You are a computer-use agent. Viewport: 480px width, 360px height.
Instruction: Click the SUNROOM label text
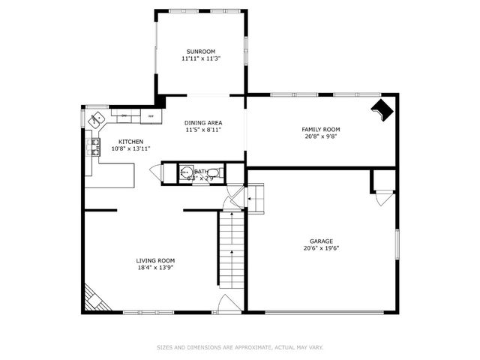coord(200,51)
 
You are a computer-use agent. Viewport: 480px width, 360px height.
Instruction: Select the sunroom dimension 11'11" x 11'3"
coord(200,58)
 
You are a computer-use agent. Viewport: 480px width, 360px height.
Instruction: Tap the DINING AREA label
coord(203,122)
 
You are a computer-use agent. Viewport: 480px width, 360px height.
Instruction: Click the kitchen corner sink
coord(96,118)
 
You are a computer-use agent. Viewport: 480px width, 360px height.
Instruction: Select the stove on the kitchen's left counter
coord(94,147)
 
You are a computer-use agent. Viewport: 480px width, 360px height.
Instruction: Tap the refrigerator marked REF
coord(151,116)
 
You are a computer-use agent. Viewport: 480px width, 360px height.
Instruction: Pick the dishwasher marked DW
coord(124,116)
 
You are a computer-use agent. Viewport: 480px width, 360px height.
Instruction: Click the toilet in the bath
coord(213,173)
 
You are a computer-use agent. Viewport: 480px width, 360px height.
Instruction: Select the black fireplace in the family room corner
coord(382,109)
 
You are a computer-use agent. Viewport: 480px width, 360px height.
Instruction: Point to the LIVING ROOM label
coord(155,260)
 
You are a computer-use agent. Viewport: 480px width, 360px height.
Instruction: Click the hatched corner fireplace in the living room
coord(94,298)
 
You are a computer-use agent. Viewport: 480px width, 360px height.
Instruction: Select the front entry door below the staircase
coord(229,304)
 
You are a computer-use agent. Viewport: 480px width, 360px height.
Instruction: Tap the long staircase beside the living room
coord(232,251)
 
